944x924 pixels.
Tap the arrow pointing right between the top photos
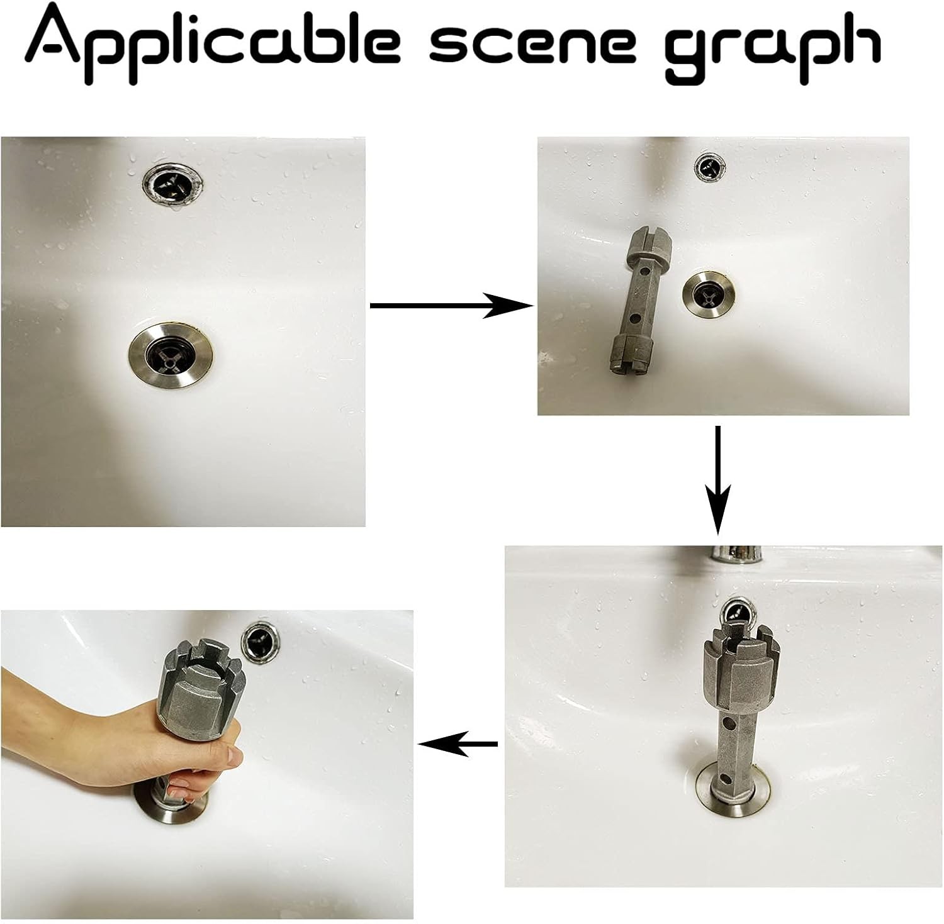(x=451, y=306)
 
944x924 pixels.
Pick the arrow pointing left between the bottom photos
(x=458, y=744)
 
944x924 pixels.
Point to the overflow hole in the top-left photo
(x=173, y=182)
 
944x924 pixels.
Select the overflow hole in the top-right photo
(x=710, y=167)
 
